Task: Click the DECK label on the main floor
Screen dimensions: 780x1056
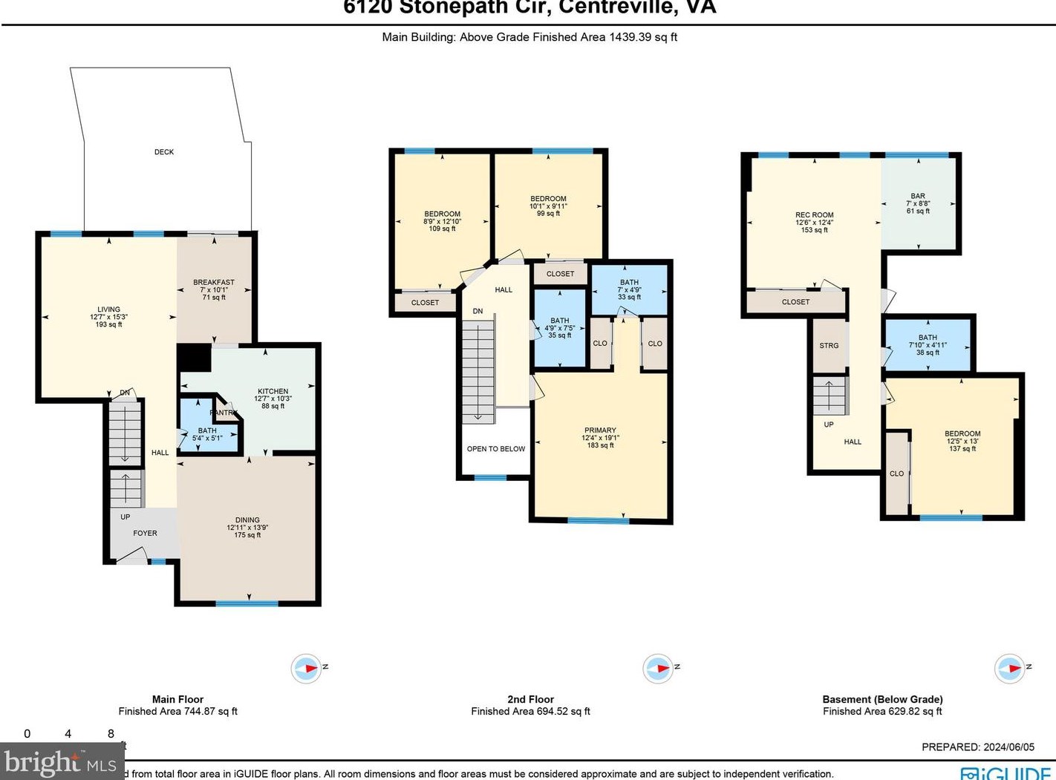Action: point(164,152)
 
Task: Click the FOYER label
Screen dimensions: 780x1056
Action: point(145,533)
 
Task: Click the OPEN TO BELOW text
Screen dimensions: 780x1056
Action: point(496,449)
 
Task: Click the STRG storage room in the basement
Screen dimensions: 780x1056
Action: point(829,346)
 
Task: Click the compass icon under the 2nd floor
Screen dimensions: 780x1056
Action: point(658,669)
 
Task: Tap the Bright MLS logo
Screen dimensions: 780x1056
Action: point(60,762)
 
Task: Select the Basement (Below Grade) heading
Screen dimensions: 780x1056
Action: point(882,699)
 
